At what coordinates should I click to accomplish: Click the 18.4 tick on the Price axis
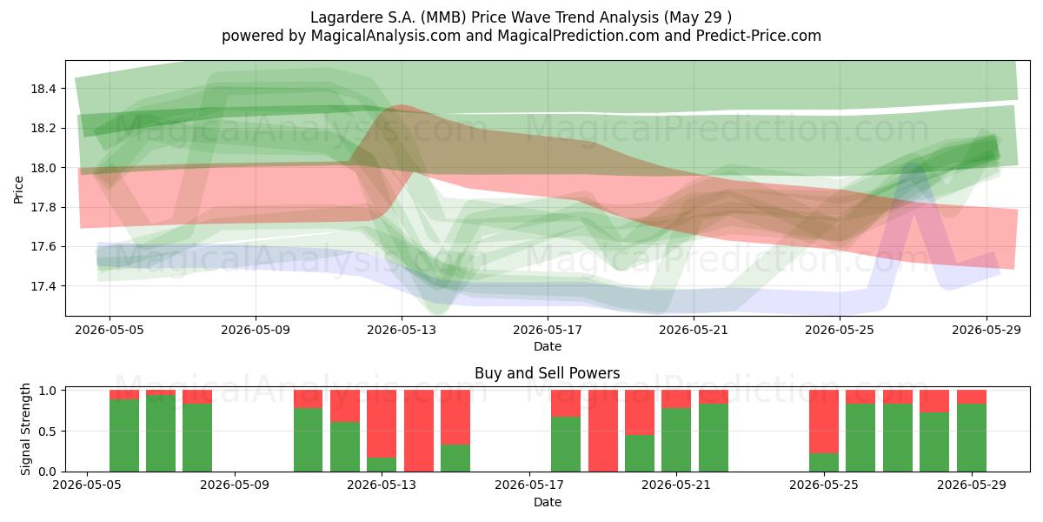coord(43,89)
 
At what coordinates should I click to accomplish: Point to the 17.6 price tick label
coord(43,246)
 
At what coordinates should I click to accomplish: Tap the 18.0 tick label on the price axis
coord(43,168)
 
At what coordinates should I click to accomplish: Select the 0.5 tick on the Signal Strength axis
coord(48,432)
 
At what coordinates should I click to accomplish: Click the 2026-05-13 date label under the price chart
coord(402,330)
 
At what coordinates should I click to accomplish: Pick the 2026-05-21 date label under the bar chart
coord(676,485)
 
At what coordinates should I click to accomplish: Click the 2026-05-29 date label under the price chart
coord(987,330)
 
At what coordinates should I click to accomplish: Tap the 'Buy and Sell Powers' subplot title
coord(547,373)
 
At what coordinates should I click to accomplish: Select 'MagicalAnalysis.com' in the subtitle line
coord(386,36)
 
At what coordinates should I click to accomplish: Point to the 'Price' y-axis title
coord(18,190)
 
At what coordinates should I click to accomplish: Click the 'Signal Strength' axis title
coord(25,429)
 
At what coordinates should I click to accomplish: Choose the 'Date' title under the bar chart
coord(547,502)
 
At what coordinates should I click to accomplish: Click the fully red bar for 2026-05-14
coord(419,431)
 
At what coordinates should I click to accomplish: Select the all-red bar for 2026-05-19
coord(603,431)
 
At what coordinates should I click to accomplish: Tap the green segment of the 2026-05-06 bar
coord(123,435)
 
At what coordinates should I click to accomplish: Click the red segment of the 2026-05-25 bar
coord(824,421)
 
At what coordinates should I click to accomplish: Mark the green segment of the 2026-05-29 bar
coord(972,438)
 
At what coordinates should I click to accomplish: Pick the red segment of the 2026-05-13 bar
coord(382,424)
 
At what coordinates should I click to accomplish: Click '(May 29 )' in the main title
coord(697,17)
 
